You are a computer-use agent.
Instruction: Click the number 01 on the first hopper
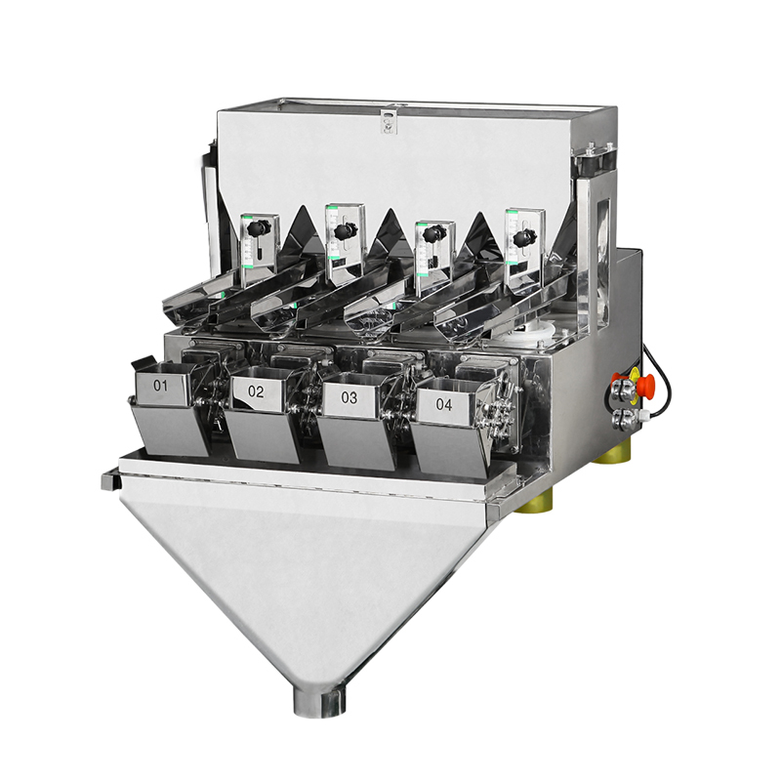pyautogui.click(x=160, y=385)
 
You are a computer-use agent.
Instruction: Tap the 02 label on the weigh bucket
pyautogui.click(x=256, y=391)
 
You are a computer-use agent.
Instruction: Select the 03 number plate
pyautogui.click(x=349, y=397)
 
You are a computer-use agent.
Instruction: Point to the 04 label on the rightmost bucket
pyautogui.click(x=444, y=404)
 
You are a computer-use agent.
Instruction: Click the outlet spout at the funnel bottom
pyautogui.click(x=319, y=701)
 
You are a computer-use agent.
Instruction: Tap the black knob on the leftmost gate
pyautogui.click(x=260, y=227)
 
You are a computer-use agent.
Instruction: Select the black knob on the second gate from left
pyautogui.click(x=346, y=230)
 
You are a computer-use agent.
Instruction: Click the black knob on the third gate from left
pyautogui.click(x=433, y=232)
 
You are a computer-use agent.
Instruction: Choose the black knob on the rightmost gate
pyautogui.click(x=524, y=238)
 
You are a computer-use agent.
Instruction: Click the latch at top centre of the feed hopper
pyautogui.click(x=388, y=121)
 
